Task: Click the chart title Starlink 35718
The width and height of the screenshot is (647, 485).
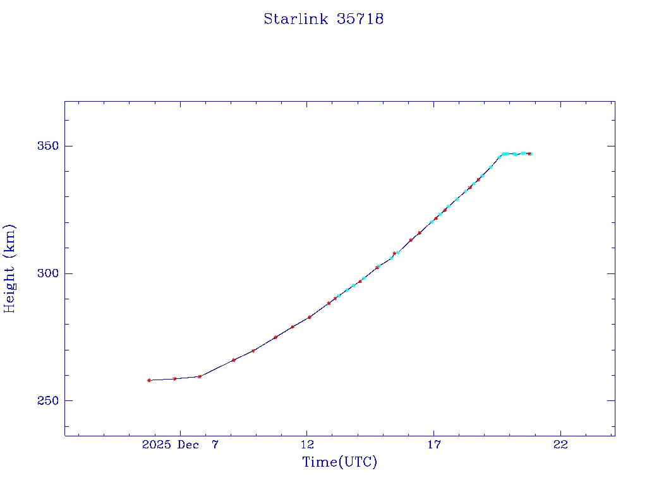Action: click(323, 19)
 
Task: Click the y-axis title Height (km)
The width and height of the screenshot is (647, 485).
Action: click(9, 268)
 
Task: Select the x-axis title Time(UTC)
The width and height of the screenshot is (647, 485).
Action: click(340, 462)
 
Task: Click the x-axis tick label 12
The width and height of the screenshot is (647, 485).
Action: click(307, 445)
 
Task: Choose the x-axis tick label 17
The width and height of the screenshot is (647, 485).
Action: click(434, 445)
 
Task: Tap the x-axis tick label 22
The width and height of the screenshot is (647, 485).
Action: click(560, 445)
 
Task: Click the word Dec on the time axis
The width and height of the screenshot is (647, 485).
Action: click(190, 445)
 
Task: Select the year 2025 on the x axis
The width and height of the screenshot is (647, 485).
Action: click(157, 445)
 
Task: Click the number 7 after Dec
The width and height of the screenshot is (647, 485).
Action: click(215, 445)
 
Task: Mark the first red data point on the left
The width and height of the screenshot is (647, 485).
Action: click(149, 380)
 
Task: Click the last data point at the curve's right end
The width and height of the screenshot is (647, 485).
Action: click(530, 153)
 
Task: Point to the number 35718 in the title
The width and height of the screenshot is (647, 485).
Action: click(360, 19)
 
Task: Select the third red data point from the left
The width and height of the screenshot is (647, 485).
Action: click(200, 376)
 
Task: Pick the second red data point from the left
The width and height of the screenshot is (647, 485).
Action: click(174, 378)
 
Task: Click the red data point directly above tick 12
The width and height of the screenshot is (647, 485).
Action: click(310, 317)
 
